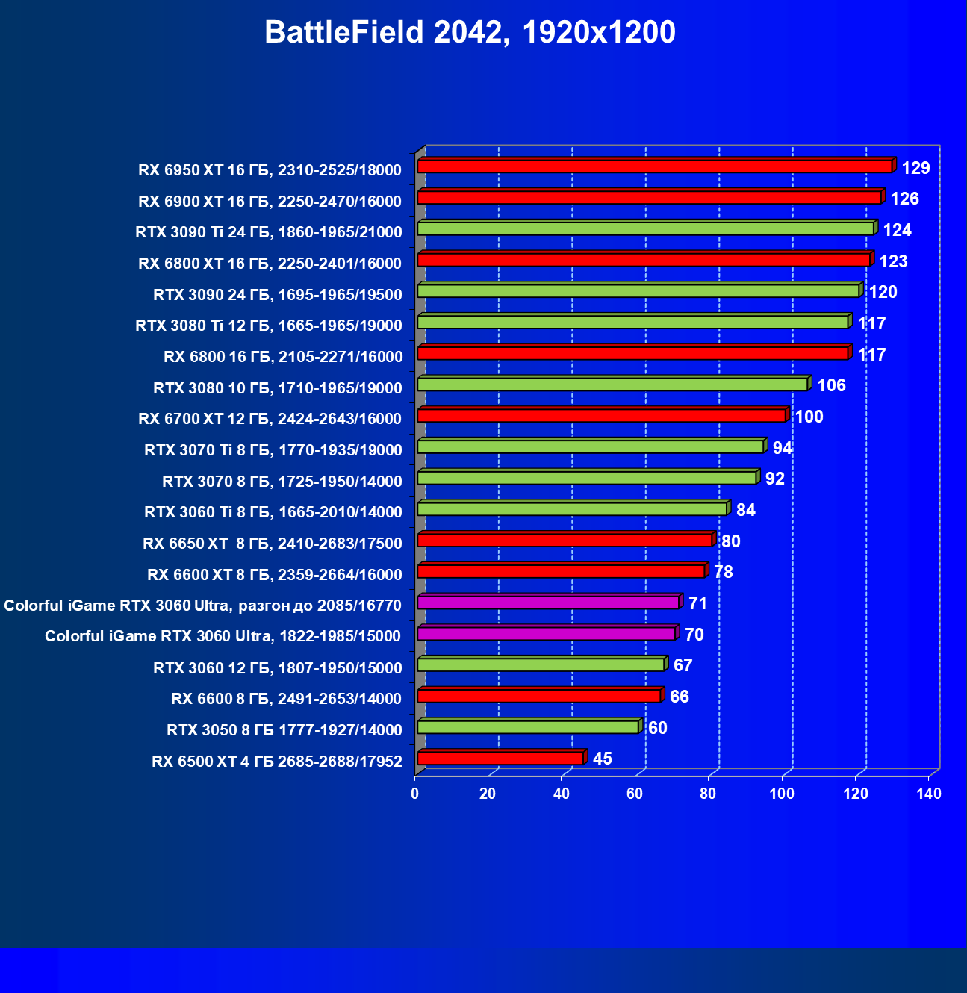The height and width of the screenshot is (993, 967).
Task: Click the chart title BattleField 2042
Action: coord(470,32)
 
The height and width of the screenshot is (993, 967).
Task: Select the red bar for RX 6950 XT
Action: coord(654,166)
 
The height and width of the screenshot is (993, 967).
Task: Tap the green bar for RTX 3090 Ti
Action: coord(645,228)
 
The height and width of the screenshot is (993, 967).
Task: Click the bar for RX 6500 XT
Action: coord(500,759)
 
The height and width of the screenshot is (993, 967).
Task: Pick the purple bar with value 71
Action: coord(548,603)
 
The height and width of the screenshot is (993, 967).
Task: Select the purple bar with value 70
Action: coord(546,634)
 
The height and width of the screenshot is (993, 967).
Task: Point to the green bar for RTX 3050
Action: coord(528,727)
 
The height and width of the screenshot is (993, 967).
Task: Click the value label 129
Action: coord(915,168)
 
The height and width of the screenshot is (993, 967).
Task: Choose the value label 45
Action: coord(602,759)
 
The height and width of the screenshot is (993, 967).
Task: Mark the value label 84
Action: coord(745,510)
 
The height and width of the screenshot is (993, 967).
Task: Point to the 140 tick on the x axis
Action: coord(929,794)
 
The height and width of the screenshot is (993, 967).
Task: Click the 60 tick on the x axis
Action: coord(635,794)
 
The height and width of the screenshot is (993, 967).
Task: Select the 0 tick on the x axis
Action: coord(415,794)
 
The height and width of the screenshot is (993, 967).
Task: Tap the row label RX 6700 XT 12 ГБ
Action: coord(270,419)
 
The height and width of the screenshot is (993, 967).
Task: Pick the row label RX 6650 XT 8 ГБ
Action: coord(272,544)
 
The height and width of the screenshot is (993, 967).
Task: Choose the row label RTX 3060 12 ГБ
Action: coord(277,668)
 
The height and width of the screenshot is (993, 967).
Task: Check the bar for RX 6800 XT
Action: coord(644,260)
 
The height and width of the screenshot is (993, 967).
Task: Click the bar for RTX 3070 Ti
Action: coord(590,446)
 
